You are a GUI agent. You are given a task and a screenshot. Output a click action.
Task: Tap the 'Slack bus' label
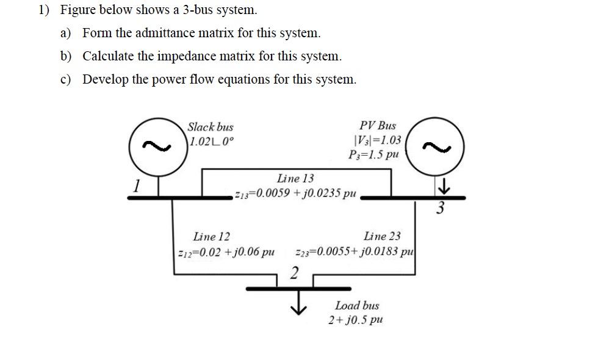(x=210, y=127)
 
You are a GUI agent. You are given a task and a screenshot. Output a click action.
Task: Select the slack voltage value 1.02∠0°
(x=211, y=142)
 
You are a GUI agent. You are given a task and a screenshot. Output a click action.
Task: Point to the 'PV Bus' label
(x=378, y=126)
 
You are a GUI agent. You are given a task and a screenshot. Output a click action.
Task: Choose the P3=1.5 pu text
(x=375, y=154)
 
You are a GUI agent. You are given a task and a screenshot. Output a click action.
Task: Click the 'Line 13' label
(x=295, y=178)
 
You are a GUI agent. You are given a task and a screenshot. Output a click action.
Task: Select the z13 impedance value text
(x=295, y=193)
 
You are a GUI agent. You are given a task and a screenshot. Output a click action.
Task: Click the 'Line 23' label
(x=382, y=236)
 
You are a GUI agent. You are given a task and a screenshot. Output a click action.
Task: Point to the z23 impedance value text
(x=355, y=253)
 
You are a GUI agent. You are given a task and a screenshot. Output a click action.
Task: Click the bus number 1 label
(x=138, y=184)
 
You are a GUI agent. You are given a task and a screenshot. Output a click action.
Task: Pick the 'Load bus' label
(x=357, y=305)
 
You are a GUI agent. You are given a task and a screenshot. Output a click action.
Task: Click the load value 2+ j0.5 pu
(x=356, y=320)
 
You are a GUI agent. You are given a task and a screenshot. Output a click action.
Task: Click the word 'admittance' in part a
(x=164, y=33)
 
